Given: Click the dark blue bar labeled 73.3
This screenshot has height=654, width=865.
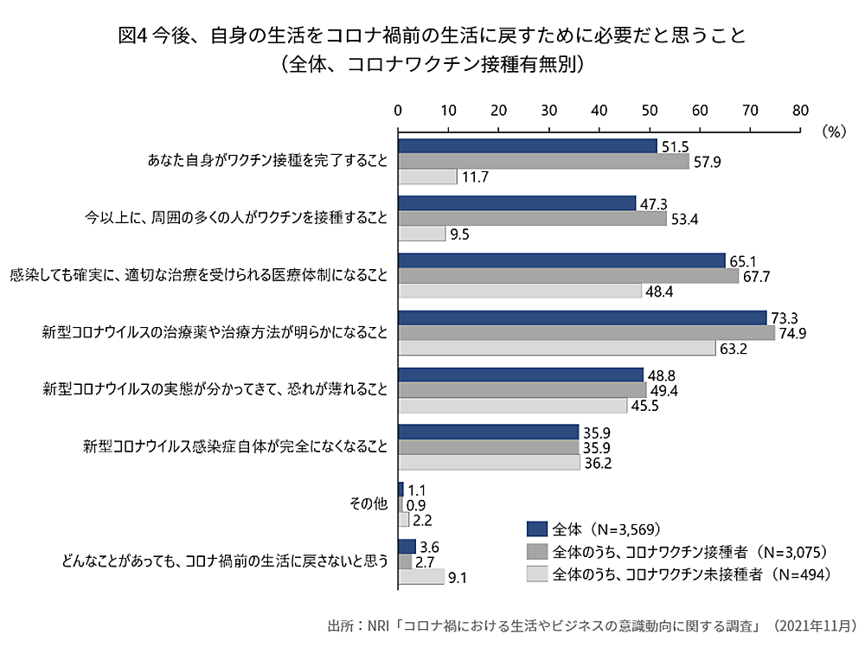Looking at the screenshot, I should point(582,317).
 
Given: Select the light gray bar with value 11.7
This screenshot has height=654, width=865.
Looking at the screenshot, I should point(427,176).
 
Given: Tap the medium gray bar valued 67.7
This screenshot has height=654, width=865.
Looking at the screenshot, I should point(568,275).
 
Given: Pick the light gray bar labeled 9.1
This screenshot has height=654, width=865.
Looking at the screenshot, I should point(420,577).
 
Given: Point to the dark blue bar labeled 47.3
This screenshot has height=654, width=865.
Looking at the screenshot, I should point(516,203).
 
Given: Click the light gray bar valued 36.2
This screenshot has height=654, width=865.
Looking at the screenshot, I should point(489,463).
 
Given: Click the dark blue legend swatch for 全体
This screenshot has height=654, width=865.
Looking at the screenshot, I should point(536,529).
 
